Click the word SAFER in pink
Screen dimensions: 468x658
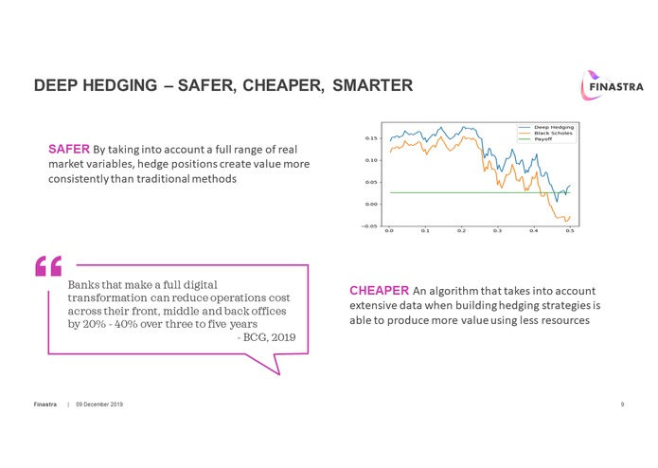pyautogui.click(x=69, y=149)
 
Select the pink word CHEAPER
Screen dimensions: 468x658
pyautogui.click(x=379, y=290)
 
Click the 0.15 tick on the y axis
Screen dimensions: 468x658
pyautogui.click(x=372, y=138)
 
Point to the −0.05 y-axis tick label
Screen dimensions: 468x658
pyautogui.click(x=370, y=225)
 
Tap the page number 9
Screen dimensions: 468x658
pyautogui.click(x=621, y=405)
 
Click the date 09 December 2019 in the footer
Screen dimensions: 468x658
pyautogui.click(x=99, y=405)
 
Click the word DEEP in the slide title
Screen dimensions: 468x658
pyautogui.click(x=54, y=86)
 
